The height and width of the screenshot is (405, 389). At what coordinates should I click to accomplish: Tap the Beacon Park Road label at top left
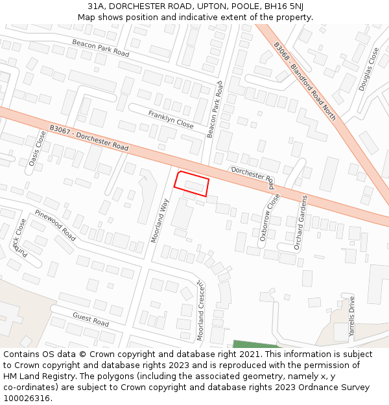100,47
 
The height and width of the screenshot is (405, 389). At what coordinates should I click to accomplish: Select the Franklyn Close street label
171,119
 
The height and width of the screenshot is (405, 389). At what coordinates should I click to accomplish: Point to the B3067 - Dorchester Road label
88,139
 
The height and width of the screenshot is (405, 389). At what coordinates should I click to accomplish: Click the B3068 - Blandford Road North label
304,82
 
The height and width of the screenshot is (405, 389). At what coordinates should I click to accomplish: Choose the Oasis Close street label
37,148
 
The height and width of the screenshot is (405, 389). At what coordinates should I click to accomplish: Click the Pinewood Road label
55,226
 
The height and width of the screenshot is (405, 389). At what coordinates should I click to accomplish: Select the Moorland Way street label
159,220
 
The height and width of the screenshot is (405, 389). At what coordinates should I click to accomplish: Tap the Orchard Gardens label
300,222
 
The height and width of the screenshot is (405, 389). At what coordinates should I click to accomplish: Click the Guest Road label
91,319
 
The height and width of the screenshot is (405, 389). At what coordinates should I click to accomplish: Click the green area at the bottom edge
253,344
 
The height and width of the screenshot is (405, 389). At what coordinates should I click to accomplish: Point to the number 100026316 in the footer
27,399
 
